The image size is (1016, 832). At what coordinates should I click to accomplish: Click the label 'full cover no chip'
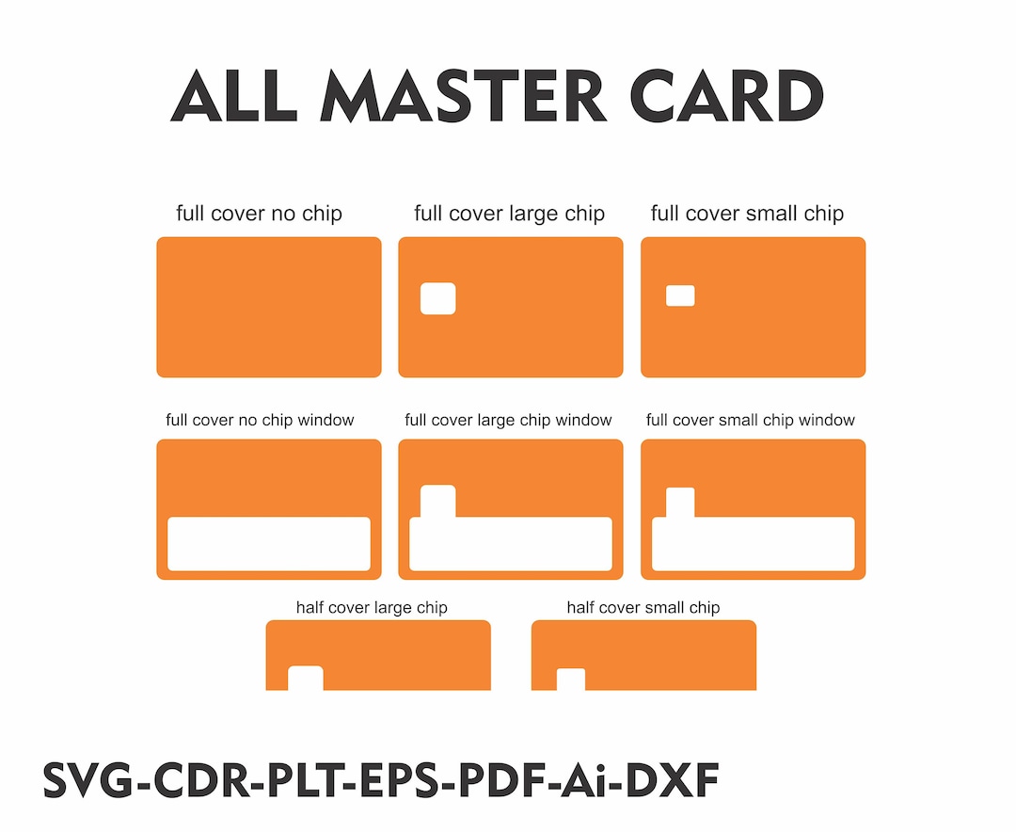point(259,214)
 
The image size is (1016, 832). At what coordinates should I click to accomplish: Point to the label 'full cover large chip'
point(509,214)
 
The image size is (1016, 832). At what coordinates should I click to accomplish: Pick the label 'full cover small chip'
point(747,214)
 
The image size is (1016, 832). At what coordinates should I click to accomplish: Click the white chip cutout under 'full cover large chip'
point(437,298)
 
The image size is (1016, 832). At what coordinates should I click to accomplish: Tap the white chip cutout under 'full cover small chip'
point(680,296)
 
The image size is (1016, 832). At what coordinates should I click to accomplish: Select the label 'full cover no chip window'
point(260,420)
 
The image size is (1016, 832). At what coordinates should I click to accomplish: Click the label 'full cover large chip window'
point(508,420)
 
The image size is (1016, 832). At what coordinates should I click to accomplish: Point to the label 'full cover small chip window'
point(750,420)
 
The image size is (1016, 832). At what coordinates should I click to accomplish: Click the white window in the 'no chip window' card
point(269,544)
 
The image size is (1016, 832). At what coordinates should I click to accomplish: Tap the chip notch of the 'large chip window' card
point(437,501)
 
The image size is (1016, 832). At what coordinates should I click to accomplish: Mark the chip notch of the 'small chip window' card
point(680,503)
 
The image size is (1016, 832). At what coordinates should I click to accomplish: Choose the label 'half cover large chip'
point(372,607)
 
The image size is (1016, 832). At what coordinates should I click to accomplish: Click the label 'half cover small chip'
point(643,607)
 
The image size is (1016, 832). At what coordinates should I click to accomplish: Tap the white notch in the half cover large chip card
point(305,678)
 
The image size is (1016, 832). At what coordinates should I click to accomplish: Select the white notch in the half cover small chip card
point(571,679)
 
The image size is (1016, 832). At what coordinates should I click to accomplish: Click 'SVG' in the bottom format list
point(90,781)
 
